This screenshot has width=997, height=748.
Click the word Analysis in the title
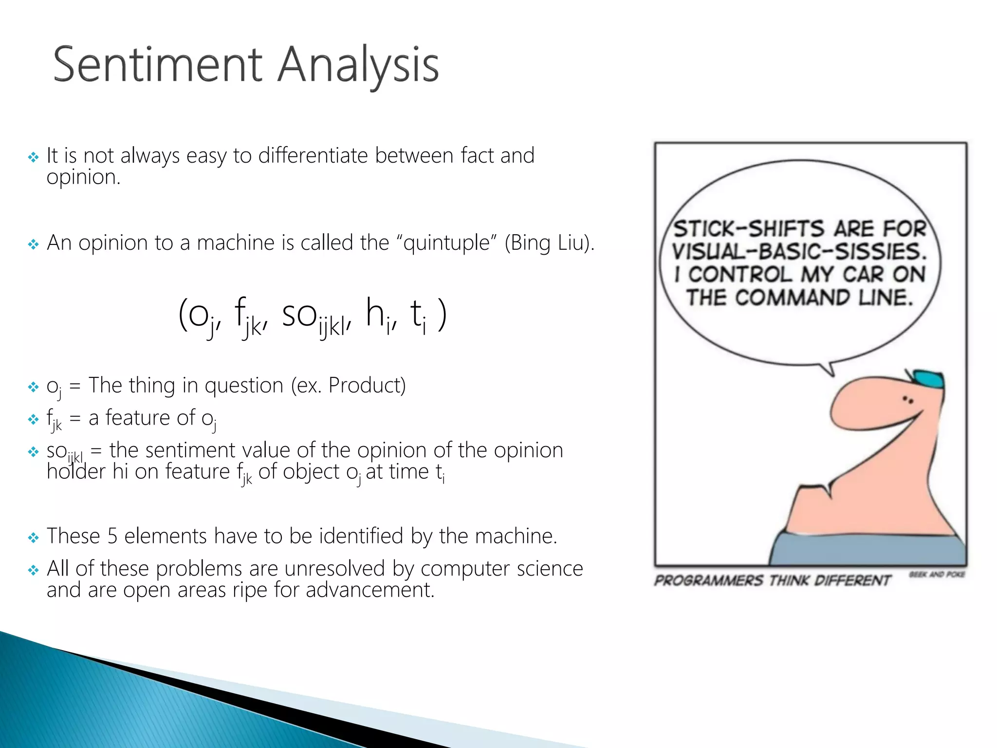pyautogui.click(x=358, y=66)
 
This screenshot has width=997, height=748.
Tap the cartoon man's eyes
pyautogui.click(x=908, y=400)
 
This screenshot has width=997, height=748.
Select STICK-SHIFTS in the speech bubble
pyautogui.click(x=748, y=229)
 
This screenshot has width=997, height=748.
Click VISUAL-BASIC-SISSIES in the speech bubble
pyautogui.click(x=799, y=252)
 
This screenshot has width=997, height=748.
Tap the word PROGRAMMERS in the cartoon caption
pyautogui.click(x=708, y=580)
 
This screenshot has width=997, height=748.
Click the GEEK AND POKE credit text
pyautogui.click(x=937, y=575)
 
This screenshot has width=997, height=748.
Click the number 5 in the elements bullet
pyautogui.click(x=112, y=536)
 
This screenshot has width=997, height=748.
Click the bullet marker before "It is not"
pyautogui.click(x=33, y=157)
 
